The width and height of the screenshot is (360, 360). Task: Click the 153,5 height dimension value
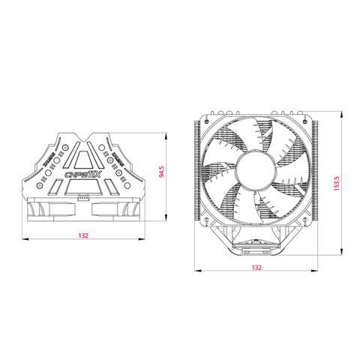(337, 183)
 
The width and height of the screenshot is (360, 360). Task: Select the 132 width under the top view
(82, 235)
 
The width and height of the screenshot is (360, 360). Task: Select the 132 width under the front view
(256, 268)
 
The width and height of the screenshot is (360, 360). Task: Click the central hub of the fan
(256, 174)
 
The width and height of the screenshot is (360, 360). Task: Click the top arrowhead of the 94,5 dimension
(163, 136)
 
